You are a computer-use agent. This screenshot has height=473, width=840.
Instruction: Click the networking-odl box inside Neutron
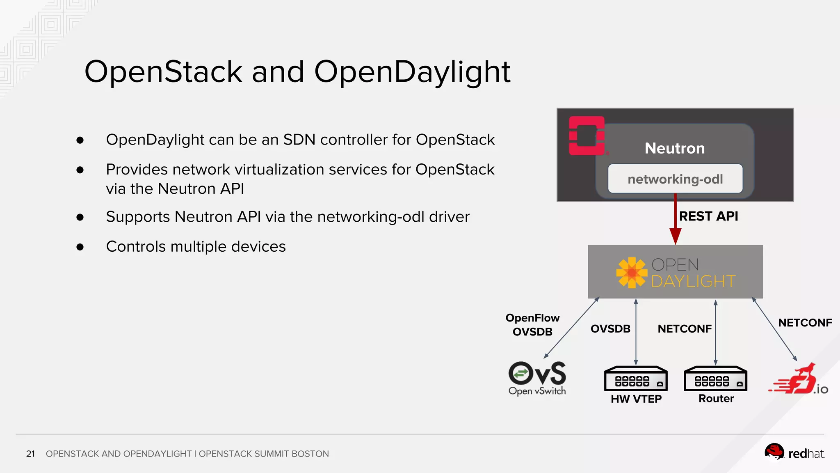(x=675, y=179)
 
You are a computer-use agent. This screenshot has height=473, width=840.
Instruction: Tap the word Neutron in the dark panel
(x=674, y=148)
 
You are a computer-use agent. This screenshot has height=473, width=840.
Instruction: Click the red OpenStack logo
(x=587, y=136)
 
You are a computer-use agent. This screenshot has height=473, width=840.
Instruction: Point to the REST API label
(x=708, y=216)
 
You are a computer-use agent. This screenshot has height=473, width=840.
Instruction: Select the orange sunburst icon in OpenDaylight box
(x=631, y=273)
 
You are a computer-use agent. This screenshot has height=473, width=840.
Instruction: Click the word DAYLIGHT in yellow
(x=693, y=282)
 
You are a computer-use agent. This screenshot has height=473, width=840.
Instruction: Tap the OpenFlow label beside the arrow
(x=532, y=318)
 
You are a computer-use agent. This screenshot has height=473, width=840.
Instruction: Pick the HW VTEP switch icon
(x=635, y=379)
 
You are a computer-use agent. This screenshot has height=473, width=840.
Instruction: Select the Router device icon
(x=715, y=379)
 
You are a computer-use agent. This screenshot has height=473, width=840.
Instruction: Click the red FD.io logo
(x=797, y=381)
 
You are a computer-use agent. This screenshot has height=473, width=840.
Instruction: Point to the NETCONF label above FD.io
(x=805, y=323)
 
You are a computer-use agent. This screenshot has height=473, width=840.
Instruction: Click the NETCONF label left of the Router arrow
(x=684, y=329)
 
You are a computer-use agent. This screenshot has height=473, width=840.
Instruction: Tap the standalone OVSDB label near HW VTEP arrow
(x=610, y=329)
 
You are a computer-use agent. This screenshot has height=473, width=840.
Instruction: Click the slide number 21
(x=30, y=454)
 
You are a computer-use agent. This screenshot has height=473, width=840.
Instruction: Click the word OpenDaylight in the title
(x=412, y=72)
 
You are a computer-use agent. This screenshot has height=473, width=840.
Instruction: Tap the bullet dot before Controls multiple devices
(x=80, y=247)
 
